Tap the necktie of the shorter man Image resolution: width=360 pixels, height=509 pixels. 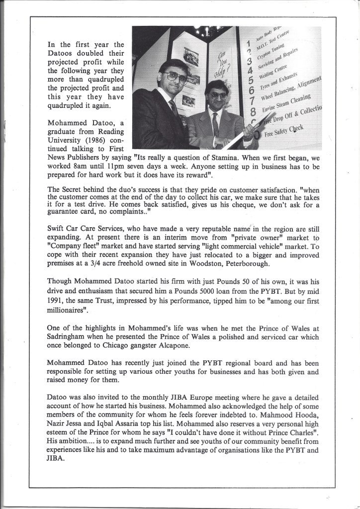click(x=215, y=122)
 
